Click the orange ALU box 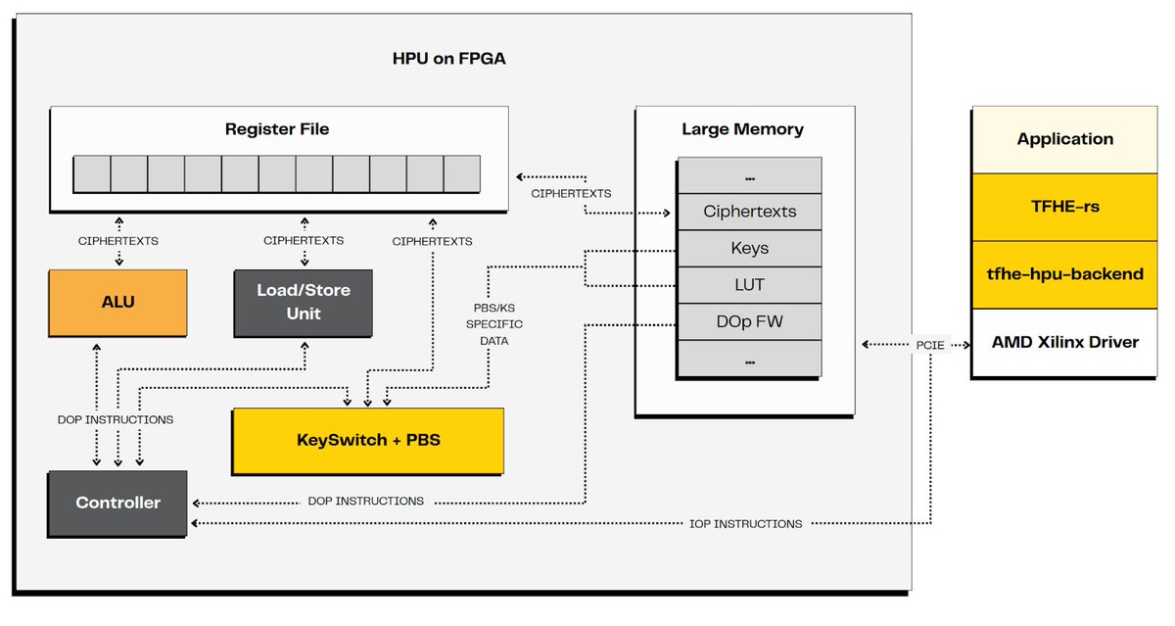click(x=117, y=303)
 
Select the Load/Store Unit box click(x=303, y=303)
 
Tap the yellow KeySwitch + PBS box click(x=367, y=441)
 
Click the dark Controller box click(x=117, y=503)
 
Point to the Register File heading click(x=277, y=129)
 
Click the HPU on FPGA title click(x=449, y=59)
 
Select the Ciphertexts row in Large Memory click(x=750, y=212)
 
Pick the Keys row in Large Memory click(x=750, y=248)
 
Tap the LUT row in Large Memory click(x=750, y=284)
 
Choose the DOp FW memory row click(x=750, y=321)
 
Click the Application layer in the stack click(x=1065, y=139)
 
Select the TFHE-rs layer click(x=1065, y=207)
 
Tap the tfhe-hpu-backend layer click(x=1065, y=274)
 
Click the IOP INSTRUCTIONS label click(x=745, y=524)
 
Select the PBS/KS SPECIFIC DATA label click(x=494, y=323)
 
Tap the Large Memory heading click(x=742, y=129)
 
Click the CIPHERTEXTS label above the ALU click(x=118, y=240)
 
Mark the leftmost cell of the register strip click(x=92, y=173)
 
